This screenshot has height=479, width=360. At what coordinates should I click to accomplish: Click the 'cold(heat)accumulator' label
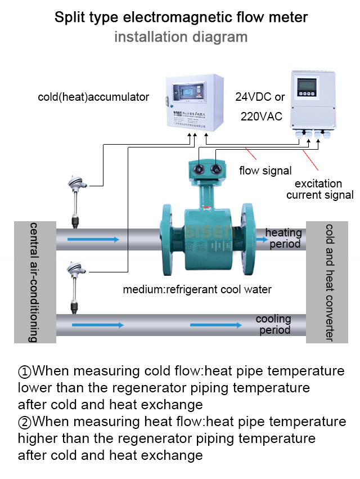93,97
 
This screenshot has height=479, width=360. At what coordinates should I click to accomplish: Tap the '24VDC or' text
260,97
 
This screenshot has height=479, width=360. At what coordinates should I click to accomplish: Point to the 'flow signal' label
265,171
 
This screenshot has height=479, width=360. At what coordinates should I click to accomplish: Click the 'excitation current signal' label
319,190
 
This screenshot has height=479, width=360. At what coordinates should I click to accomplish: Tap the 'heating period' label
284,238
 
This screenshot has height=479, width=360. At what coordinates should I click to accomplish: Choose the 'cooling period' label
274,324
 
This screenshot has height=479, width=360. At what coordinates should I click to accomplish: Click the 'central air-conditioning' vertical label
34,282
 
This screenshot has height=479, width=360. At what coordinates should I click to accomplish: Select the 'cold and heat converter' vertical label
330,282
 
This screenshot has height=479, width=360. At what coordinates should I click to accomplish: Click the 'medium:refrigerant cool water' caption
197,290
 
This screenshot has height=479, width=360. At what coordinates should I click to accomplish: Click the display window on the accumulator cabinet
191,91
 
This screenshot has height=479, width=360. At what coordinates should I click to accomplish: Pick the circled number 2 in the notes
25,422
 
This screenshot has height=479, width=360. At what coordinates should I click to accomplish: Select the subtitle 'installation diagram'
181,37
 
